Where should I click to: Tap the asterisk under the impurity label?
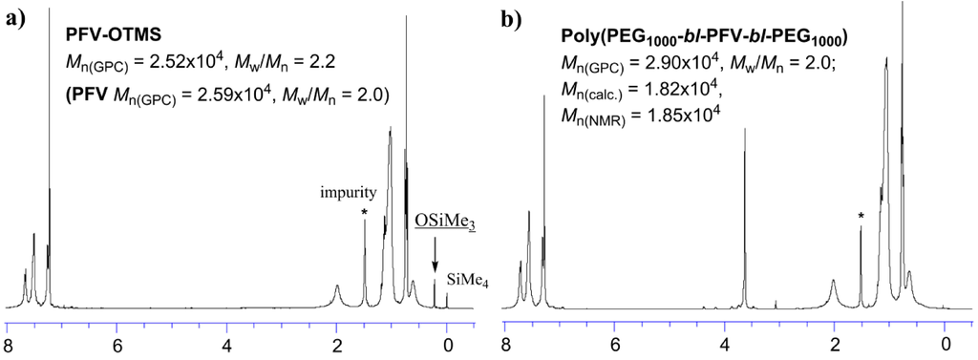click(x=365, y=212)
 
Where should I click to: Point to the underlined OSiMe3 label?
click(x=445, y=221)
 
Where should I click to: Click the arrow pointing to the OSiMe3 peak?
click(x=436, y=254)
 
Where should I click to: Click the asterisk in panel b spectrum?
click(x=861, y=218)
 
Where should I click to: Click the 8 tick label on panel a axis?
click(x=8, y=346)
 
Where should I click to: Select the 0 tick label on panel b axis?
click(x=945, y=346)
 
